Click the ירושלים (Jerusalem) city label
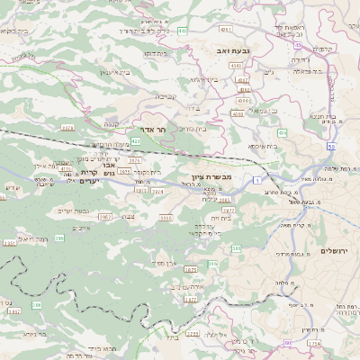tap(334, 250)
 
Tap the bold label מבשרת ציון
tap(212, 177)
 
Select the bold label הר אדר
tap(156, 130)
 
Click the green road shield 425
tap(135, 141)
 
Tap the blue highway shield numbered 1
tap(256, 181)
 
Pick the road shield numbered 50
tap(331, 147)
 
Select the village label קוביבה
tap(165, 95)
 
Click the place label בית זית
tap(222, 218)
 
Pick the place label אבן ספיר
tap(163, 263)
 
